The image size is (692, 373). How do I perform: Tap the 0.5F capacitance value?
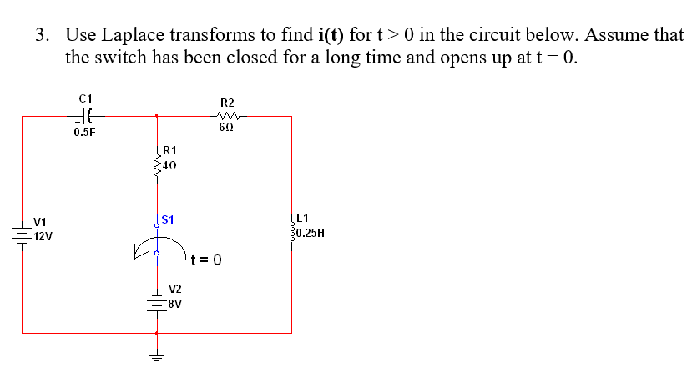[84, 132]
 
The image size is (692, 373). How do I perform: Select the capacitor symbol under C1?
[84, 116]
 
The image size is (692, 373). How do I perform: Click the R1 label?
[169, 150]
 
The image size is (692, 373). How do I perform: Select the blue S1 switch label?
[167, 219]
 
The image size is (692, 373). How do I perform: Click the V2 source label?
[175, 288]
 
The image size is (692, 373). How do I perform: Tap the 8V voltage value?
[174, 303]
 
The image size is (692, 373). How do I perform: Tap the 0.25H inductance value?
[311, 233]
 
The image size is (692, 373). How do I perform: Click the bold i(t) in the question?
[333, 36]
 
